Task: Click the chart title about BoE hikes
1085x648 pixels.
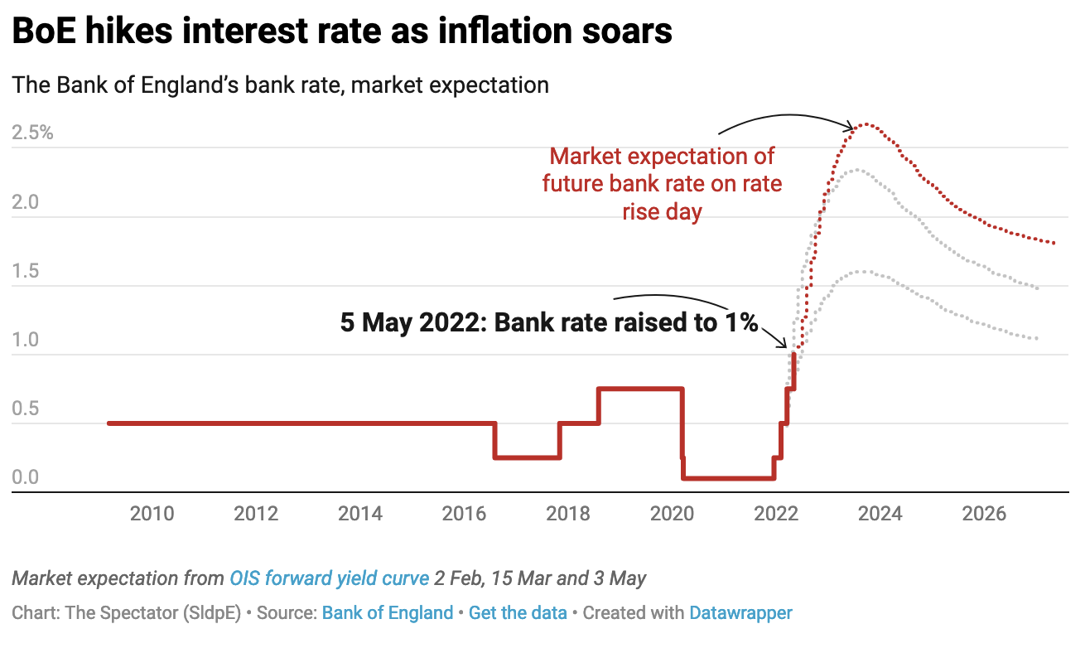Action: click(341, 32)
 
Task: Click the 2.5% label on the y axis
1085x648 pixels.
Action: click(33, 133)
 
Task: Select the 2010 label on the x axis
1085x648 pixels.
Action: click(152, 515)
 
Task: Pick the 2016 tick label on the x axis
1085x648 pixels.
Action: click(465, 515)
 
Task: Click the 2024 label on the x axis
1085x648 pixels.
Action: click(880, 515)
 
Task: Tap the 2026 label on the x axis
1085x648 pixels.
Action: click(984, 515)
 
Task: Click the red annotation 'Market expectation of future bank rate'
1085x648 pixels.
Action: click(662, 183)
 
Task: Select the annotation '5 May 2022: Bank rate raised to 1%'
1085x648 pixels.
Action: click(549, 322)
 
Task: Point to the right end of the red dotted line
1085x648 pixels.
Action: click(1054, 243)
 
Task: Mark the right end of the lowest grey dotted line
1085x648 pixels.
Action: click(1037, 338)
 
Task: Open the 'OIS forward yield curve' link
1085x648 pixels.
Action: click(329, 578)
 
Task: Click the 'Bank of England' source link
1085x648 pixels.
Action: click(387, 613)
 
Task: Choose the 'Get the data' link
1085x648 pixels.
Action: click(518, 613)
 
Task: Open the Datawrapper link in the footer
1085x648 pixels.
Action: click(740, 613)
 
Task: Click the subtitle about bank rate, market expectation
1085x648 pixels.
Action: click(280, 85)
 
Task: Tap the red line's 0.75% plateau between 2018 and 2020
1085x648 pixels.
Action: click(640, 388)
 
